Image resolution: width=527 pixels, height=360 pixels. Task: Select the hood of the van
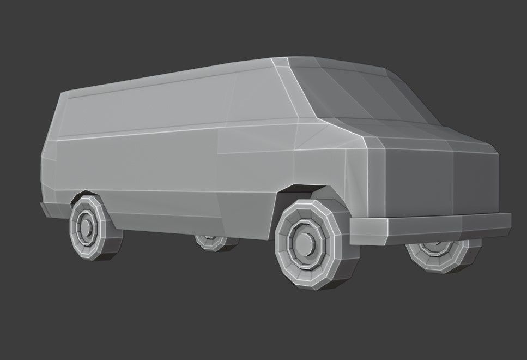click(x=414, y=134)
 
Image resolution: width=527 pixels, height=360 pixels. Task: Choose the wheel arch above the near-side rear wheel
click(x=87, y=193)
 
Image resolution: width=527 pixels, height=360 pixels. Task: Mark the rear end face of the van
click(x=49, y=164)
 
